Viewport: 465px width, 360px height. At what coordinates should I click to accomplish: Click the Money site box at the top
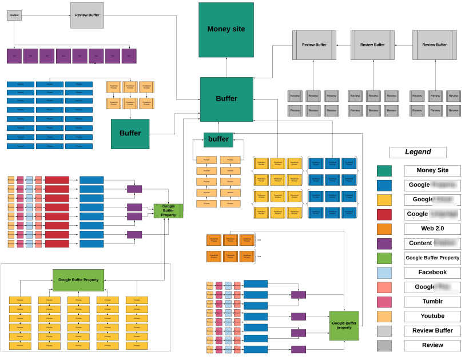(x=226, y=30)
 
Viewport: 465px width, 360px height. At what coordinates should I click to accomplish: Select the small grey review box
(x=14, y=15)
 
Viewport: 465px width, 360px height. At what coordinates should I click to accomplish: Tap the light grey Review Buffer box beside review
(x=87, y=15)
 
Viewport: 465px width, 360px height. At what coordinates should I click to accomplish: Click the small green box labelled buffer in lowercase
(x=218, y=139)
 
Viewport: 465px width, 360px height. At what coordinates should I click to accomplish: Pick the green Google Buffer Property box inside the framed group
(x=78, y=280)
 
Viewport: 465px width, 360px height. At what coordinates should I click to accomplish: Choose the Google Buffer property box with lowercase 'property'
(x=344, y=326)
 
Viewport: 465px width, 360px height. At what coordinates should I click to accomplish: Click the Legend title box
(x=418, y=152)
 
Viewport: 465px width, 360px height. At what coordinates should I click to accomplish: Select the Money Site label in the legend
(x=432, y=170)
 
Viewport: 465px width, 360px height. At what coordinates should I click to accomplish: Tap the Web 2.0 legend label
(x=432, y=229)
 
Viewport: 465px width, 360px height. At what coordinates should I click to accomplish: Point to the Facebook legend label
(x=432, y=273)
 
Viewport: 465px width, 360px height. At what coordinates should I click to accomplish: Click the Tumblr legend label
(x=432, y=302)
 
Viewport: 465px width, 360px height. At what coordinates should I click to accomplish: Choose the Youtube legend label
(x=432, y=316)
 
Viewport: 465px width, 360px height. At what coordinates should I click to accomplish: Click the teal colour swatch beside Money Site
(x=384, y=170)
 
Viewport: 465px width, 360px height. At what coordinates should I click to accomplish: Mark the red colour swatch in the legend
(x=384, y=214)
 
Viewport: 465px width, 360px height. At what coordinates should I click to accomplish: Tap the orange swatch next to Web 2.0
(x=384, y=229)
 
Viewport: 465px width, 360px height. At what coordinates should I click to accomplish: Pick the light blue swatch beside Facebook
(x=384, y=273)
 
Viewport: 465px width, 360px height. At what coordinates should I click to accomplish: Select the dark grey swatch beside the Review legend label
(x=384, y=345)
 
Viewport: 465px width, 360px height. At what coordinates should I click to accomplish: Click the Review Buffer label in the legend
(x=432, y=331)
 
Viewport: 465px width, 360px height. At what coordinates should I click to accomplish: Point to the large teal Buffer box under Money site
(x=226, y=99)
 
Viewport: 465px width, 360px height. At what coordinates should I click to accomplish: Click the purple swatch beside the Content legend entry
(x=384, y=243)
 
